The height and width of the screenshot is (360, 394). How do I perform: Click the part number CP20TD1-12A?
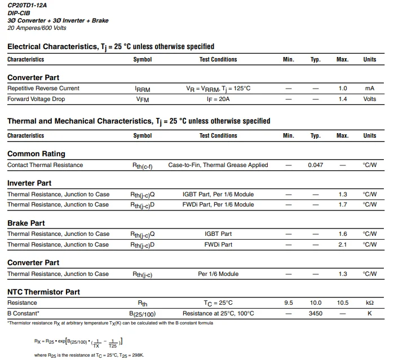point(28,5)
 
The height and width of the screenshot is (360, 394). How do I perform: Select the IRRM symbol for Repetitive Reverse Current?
point(143,89)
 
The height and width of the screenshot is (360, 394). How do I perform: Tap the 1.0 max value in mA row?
point(343,89)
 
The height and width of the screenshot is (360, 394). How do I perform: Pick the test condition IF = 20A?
point(218,99)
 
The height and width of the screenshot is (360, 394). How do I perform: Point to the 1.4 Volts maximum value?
point(343,99)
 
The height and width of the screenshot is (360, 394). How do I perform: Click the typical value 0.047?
point(316,165)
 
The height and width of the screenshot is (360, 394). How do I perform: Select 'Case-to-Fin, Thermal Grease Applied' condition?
point(218,165)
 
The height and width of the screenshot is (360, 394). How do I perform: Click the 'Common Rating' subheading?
point(36,153)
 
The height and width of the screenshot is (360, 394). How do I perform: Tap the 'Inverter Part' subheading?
point(29,183)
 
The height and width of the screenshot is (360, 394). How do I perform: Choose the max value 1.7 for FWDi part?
point(343,205)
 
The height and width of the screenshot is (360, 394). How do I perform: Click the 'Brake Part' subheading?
point(26,223)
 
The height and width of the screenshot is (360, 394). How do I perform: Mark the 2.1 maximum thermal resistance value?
point(343,245)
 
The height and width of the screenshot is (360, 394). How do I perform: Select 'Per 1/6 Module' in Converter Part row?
point(218,274)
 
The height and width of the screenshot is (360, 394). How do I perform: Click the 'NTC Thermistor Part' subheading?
point(43,292)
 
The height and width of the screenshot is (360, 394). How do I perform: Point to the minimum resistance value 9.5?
point(289,303)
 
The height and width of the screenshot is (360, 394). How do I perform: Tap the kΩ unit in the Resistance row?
point(370,303)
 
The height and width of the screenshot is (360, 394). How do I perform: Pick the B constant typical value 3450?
point(316,313)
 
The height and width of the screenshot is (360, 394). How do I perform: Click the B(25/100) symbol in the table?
point(143,314)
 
